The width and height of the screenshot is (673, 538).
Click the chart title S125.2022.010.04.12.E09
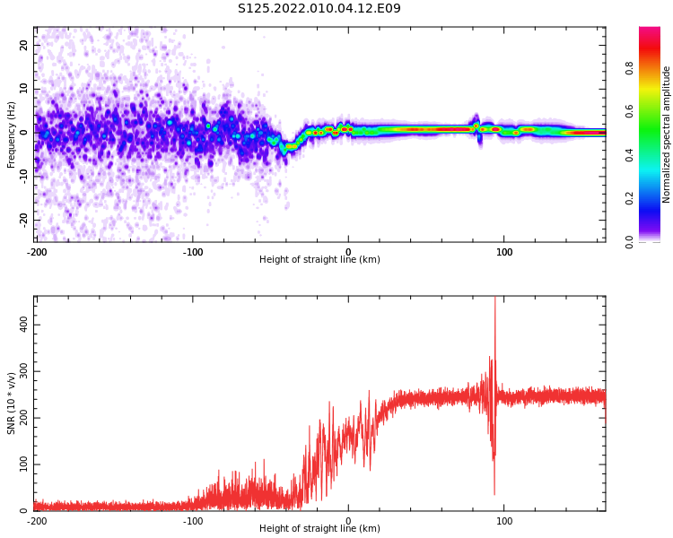pyautogui.click(x=319, y=9)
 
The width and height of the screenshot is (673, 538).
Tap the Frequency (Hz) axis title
pyautogui.click(x=12, y=134)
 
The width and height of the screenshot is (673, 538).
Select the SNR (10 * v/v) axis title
pyautogui.click(x=12, y=403)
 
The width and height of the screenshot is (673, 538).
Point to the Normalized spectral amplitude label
pyautogui.click(x=667, y=134)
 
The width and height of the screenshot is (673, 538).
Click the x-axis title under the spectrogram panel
pyautogui.click(x=319, y=260)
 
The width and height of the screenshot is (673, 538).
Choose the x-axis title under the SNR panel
pyautogui.click(x=319, y=529)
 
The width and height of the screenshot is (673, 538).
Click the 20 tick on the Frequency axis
pyautogui.click(x=24, y=45)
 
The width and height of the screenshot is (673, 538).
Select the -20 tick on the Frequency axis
pyautogui.click(x=22, y=219)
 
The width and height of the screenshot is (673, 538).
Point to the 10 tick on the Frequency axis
pyautogui.click(x=24, y=89)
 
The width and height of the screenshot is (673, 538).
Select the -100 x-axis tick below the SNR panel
pyautogui.click(x=192, y=521)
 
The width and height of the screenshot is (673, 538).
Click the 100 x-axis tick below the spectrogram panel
pyautogui.click(x=504, y=252)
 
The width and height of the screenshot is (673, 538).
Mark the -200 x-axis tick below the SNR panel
pyautogui.click(x=36, y=521)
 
